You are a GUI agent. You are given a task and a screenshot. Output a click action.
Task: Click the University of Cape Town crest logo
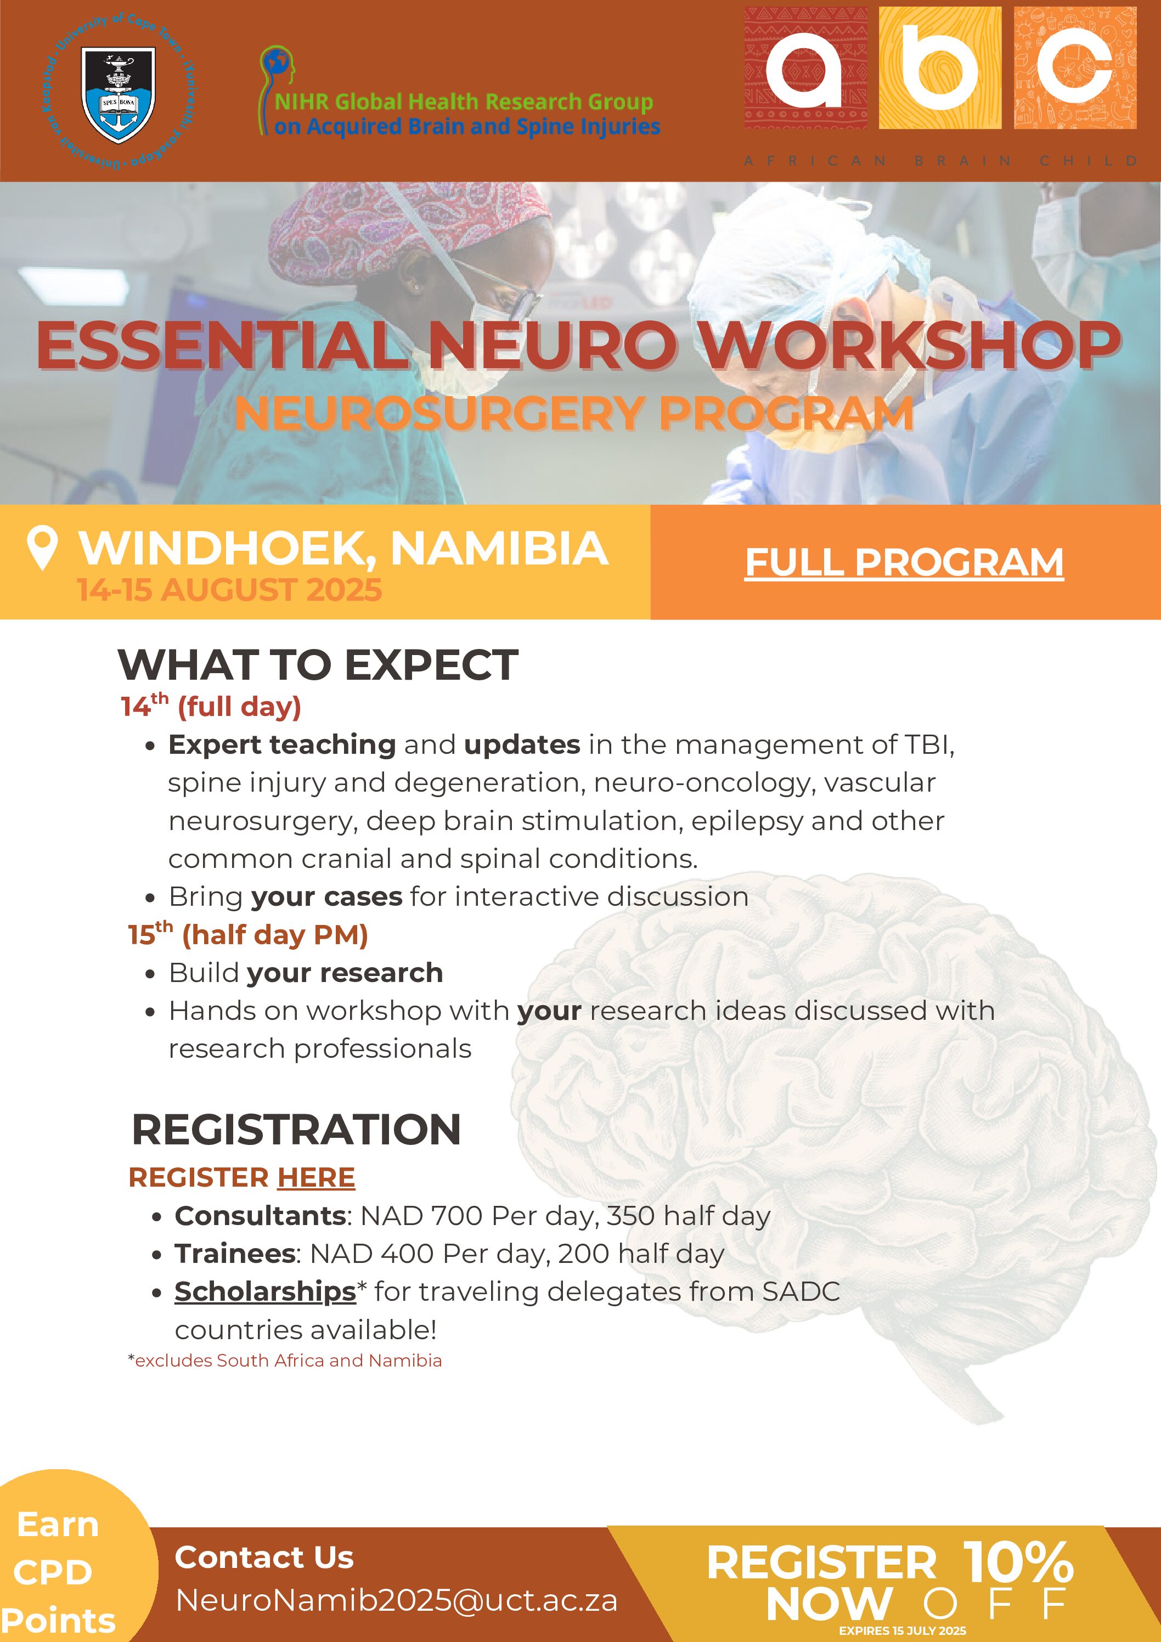118,94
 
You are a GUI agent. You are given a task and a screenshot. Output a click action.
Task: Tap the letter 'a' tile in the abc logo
805,69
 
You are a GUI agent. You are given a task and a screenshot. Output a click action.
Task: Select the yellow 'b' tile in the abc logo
940,69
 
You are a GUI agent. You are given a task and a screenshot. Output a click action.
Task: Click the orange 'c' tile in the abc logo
1075,69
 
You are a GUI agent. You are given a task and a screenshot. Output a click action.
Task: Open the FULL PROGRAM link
904,562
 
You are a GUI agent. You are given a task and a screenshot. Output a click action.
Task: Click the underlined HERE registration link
316,1178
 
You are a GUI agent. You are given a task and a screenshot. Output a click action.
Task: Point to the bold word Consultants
261,1216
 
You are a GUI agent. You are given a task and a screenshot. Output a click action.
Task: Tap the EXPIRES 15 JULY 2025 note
903,1630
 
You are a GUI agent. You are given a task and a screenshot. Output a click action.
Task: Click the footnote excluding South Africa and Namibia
285,1360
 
